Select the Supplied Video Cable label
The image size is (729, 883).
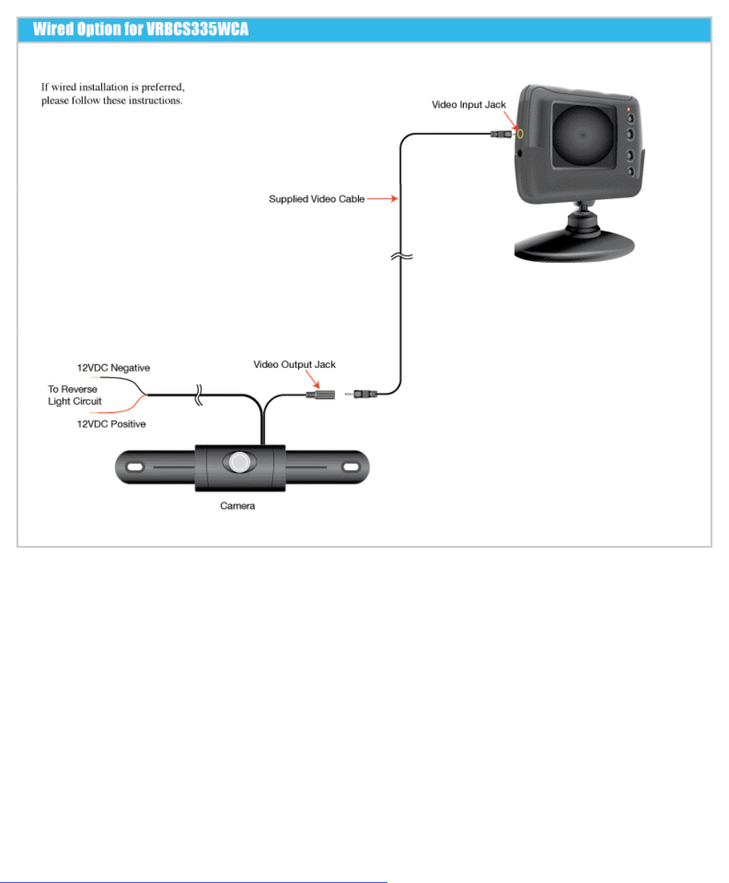pos(316,199)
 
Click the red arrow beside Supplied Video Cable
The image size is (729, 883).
pos(381,199)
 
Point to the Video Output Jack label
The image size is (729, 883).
pos(294,365)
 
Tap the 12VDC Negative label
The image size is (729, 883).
pos(114,368)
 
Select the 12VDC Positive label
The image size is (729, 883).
pos(112,424)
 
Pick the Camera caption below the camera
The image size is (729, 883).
pos(238,506)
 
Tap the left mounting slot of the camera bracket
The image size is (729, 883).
pos(135,467)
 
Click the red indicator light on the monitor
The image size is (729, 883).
pos(629,108)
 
